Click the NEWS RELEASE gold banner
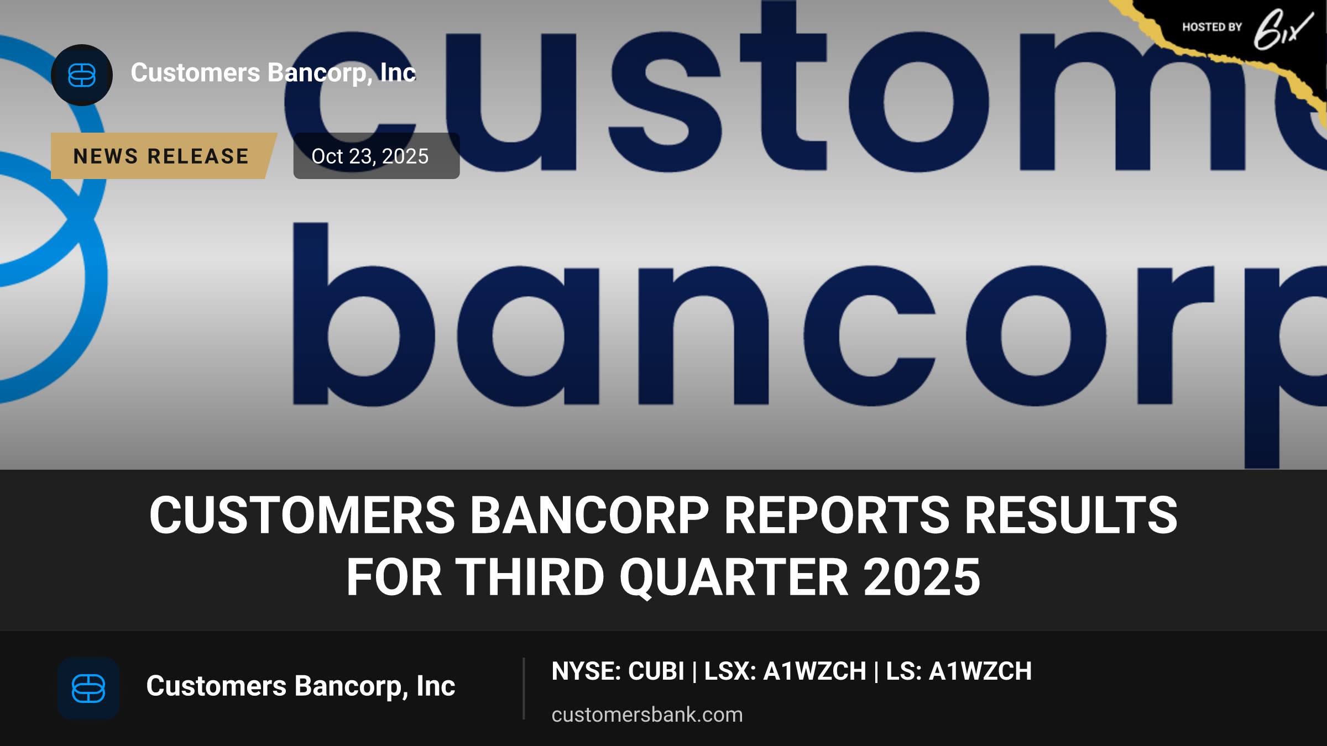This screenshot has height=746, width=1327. pos(163,156)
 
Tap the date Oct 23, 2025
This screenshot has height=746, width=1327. pos(370,156)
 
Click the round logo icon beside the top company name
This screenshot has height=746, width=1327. pos(82,75)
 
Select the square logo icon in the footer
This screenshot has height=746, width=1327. pos(88,689)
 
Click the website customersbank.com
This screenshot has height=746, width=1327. pos(647,715)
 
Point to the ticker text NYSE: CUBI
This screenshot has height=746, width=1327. pos(618,671)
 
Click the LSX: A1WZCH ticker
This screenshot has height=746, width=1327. pos(785,671)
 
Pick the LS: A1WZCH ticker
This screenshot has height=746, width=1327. pos(959,671)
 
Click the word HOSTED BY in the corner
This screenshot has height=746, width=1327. pos(1212,27)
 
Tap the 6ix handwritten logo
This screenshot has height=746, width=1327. pos(1283,30)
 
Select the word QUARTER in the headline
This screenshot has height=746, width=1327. pos(733,577)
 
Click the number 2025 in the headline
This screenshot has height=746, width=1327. pos(922,577)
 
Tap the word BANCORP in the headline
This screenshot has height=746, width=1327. pos(589,515)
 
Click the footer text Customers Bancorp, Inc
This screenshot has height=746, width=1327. pos(300,686)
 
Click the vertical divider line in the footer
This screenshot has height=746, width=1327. pos(523,689)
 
